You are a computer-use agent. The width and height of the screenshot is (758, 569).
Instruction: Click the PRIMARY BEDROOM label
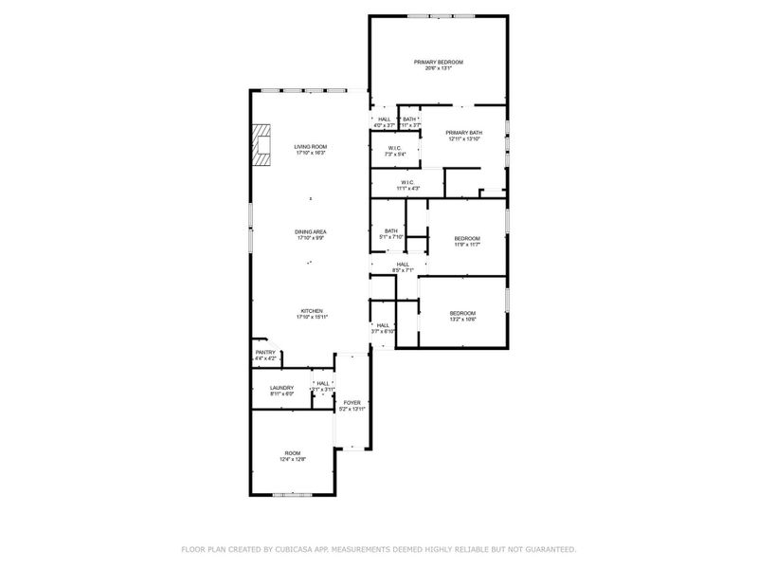[439, 63]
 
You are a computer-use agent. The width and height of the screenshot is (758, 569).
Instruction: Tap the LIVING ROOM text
[310, 147]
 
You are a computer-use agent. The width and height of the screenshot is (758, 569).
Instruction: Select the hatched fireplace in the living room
[261, 146]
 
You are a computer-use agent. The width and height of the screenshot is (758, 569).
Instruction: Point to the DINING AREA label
[310, 232]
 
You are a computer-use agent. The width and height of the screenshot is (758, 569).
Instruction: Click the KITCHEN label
[313, 311]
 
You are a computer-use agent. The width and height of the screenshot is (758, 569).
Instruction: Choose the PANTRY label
[265, 353]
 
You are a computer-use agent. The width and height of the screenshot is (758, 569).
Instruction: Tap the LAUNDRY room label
[281, 387]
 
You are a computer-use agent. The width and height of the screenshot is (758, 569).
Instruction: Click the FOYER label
[352, 402]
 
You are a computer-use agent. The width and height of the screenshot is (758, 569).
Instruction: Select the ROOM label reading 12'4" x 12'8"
[292, 453]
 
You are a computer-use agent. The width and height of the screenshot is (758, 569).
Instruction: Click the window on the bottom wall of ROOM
[291, 494]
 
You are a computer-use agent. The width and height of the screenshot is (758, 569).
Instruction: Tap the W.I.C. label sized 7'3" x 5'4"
[395, 148]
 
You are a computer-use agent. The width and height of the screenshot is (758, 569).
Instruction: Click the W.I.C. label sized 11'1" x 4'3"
[407, 182]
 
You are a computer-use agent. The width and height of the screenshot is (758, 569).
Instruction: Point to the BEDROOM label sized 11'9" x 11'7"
[467, 238]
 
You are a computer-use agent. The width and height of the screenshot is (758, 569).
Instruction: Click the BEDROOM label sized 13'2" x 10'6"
[462, 313]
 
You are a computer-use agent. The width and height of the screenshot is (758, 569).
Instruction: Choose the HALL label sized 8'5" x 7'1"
[404, 265]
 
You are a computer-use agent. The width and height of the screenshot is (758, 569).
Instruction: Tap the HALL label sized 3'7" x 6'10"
[383, 325]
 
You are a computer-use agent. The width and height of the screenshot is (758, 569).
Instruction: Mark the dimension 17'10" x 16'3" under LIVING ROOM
[310, 154]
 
